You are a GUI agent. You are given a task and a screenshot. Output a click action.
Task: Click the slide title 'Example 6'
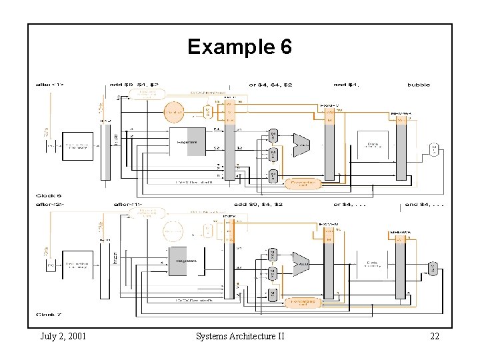click(239, 47)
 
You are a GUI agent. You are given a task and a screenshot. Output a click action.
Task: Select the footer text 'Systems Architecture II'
click(240, 336)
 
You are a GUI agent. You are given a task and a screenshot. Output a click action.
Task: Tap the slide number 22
click(434, 336)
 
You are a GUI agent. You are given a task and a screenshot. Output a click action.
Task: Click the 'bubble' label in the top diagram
click(419, 85)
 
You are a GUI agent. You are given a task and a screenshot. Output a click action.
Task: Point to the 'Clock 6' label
click(49, 195)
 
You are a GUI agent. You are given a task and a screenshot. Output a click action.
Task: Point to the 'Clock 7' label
click(49, 314)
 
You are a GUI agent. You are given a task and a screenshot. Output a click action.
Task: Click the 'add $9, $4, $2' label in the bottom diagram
click(259, 205)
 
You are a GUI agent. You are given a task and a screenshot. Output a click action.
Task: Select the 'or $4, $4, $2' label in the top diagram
click(270, 85)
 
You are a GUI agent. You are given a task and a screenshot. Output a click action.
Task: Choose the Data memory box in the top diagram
click(373, 145)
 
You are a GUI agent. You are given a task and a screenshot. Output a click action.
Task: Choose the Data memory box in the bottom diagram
click(373, 265)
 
